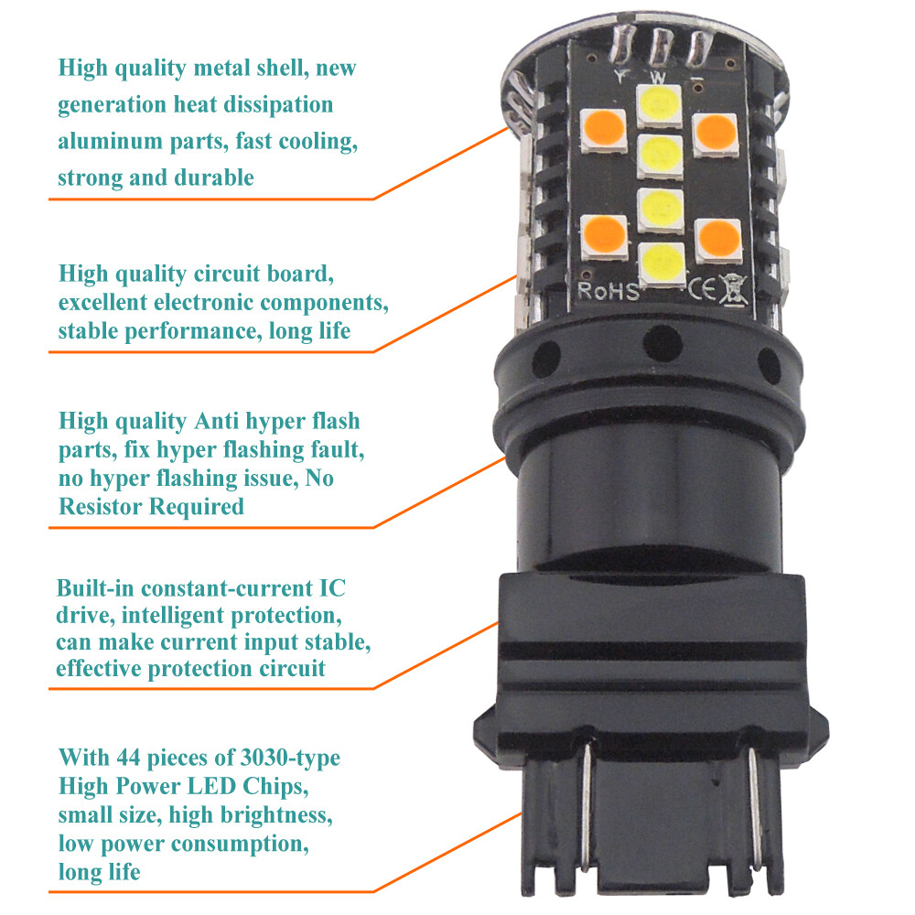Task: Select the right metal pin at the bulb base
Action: pos(755,805)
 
